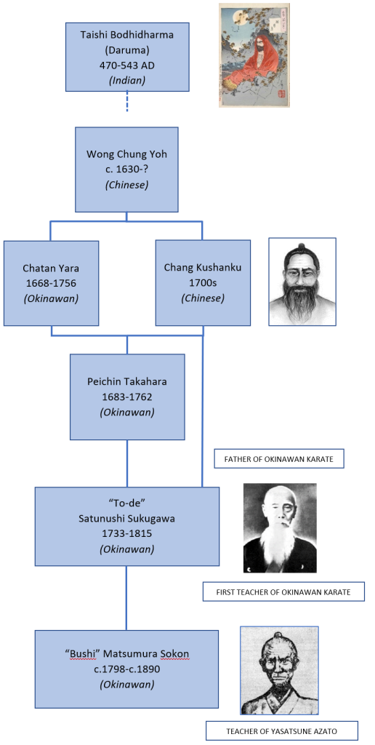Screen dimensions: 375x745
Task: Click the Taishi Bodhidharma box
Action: pyautogui.click(x=127, y=57)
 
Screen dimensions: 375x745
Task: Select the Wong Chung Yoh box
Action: pyautogui.click(x=126, y=169)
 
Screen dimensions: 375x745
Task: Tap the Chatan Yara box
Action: pyautogui.click(x=52, y=283)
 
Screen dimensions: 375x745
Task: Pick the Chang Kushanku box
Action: pyautogui.click(x=203, y=283)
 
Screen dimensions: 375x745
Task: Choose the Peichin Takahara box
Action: pyautogui.click(x=127, y=397)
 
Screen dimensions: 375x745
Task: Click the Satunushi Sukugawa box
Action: pyautogui.click(x=126, y=527)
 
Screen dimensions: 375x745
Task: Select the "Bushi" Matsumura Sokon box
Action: pyautogui.click(x=126, y=669)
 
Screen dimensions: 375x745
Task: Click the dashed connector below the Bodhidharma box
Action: pyautogui.click(x=127, y=101)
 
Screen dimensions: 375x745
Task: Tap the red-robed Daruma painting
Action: pyautogui.click(x=254, y=55)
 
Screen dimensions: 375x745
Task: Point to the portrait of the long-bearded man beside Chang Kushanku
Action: pyautogui.click(x=302, y=282)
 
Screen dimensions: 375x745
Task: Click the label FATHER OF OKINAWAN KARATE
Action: pyautogui.click(x=279, y=460)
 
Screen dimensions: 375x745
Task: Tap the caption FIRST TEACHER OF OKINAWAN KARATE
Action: pyautogui.click(x=283, y=592)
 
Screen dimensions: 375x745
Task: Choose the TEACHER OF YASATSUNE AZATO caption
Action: pyautogui.click(x=282, y=730)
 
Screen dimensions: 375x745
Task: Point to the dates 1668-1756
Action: pyautogui.click(x=52, y=283)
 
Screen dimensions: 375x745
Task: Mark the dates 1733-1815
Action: pyautogui.click(x=127, y=533)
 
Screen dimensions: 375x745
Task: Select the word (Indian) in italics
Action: pyautogui.click(x=127, y=80)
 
